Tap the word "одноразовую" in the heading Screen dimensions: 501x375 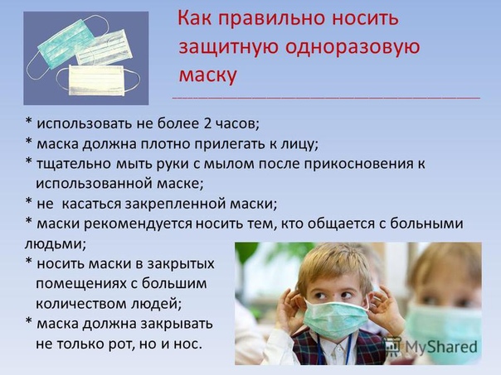click(352, 46)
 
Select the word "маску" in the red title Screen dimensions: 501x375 click(207, 75)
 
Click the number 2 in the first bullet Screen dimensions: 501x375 click(207, 123)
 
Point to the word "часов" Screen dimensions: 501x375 click(237, 124)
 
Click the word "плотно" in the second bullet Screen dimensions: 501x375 click(166, 144)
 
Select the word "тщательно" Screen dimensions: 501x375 click(74, 164)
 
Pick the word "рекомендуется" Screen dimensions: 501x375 click(139, 224)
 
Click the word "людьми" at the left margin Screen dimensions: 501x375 click(55, 244)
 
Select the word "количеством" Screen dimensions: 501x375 click(81, 304)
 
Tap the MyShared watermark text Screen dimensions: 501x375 click(441, 347)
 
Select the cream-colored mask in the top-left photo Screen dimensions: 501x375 click(96, 80)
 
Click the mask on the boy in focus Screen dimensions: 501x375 click(335, 320)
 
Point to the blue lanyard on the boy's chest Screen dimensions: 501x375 click(349, 349)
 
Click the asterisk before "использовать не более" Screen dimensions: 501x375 click(29, 121)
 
